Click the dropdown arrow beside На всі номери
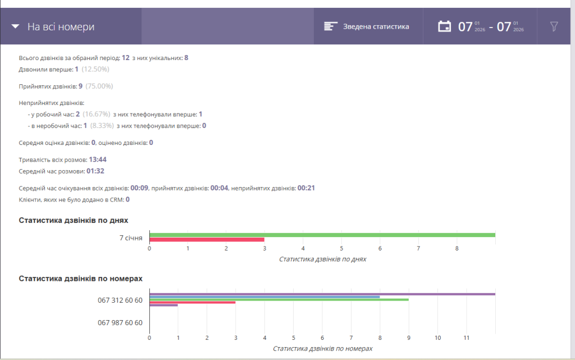pos(15,26)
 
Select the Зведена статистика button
pos(367,26)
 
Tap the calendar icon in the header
pos(445,26)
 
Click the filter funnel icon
pos(554,26)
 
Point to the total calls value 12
pos(125,57)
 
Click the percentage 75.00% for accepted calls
pos(99,86)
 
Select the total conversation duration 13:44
pos(98,160)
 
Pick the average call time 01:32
pos(95,171)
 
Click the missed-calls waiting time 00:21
pos(306,188)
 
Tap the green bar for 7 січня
pos(322,235)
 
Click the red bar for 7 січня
pos(207,240)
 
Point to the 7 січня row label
pos(131,238)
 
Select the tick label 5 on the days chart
pos(341,249)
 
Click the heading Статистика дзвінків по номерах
pos(81,279)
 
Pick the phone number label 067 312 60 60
pos(120,300)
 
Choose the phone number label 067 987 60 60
pos(120,322)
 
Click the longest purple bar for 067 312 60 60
pos(322,294)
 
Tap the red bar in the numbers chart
pos(193,303)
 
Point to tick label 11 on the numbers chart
pos(467,338)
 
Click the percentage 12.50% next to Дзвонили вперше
pos(95,69)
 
